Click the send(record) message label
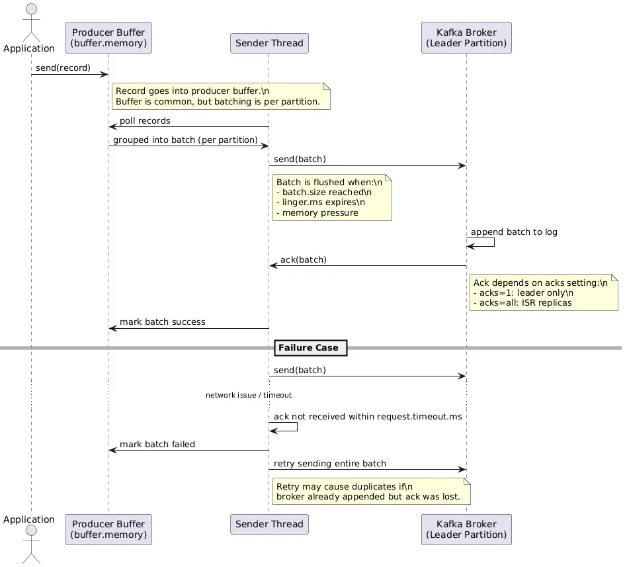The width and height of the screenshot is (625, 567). [63, 68]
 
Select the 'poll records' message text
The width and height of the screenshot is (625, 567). [145, 121]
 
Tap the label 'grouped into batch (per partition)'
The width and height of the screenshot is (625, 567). [185, 140]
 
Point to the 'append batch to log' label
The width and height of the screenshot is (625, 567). [514, 232]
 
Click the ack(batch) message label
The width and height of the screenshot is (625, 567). [303, 259]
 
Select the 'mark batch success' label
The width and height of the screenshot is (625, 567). [162, 322]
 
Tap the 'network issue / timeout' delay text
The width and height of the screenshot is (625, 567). [249, 395]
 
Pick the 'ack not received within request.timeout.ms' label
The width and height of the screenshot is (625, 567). [368, 417]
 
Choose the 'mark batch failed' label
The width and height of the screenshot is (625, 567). [157, 445]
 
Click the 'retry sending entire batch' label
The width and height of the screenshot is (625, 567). [329, 464]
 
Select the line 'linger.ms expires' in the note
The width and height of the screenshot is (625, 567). [320, 202]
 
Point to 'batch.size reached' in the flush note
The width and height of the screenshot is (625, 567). [323, 193]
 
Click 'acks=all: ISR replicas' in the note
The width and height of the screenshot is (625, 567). [522, 303]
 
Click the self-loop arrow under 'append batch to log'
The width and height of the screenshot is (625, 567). [489, 243]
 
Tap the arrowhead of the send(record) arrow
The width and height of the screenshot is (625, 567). [104, 74]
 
